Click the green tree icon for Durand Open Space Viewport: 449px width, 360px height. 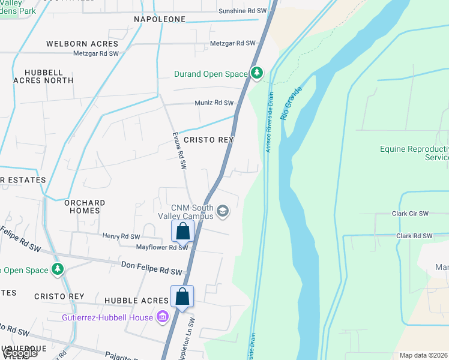point(258,73)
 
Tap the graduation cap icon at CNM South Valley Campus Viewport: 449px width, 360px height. point(223,211)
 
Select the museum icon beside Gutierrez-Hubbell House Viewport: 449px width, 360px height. point(162,317)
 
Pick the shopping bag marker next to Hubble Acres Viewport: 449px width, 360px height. point(182,296)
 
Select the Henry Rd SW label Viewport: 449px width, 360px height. point(121,236)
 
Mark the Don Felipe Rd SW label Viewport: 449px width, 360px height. point(151,268)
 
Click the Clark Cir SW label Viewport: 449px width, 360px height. point(410,214)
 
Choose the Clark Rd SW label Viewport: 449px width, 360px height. point(414,236)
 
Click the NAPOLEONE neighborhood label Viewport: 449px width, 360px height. point(160,20)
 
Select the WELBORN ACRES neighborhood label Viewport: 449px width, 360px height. point(83,44)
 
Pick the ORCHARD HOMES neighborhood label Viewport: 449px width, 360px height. point(85,207)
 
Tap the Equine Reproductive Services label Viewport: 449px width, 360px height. point(414,153)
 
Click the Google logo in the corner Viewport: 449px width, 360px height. point(20,353)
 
